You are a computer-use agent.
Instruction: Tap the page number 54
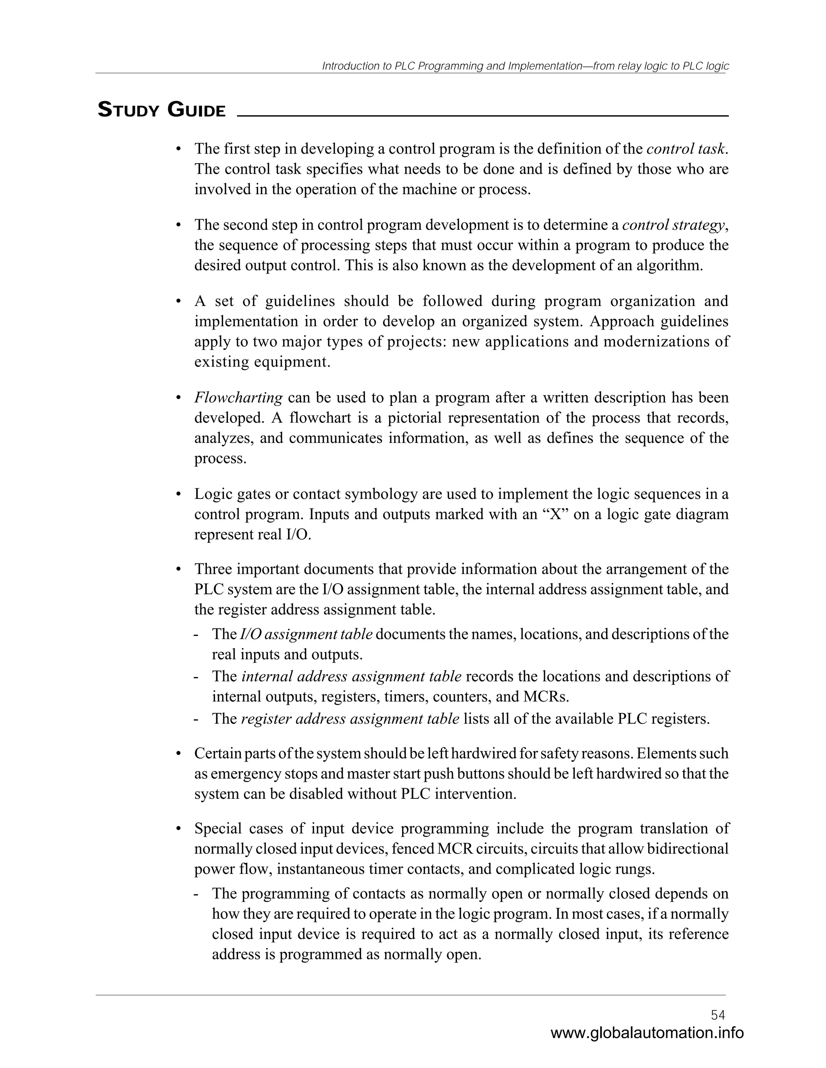pyautogui.click(x=718, y=1015)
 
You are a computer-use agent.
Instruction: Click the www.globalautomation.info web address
pyautogui.click(x=647, y=1033)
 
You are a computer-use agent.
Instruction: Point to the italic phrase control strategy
pyautogui.click(x=673, y=225)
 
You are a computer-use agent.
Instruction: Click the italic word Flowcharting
pyautogui.click(x=238, y=397)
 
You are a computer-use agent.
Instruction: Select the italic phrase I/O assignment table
pyautogui.click(x=307, y=634)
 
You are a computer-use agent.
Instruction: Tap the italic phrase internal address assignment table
pyautogui.click(x=351, y=676)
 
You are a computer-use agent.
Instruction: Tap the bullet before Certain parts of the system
pyautogui.click(x=179, y=754)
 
